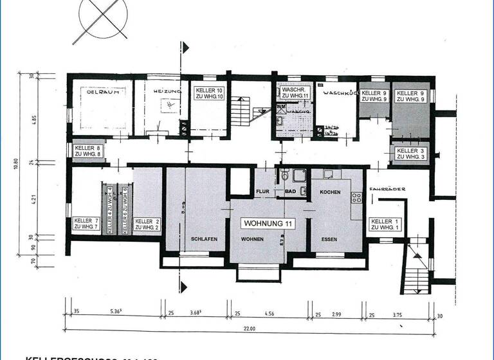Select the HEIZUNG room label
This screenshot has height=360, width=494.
(x=167, y=92)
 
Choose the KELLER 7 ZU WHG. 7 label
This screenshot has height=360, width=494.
(x=86, y=224)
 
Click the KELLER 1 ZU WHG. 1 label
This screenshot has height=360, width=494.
(x=384, y=224)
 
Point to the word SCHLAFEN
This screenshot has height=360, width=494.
(x=203, y=239)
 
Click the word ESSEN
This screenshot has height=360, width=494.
(x=327, y=239)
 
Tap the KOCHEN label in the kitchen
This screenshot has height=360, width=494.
(x=330, y=192)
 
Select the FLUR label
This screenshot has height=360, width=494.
(x=262, y=192)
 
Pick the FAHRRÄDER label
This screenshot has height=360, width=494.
(x=384, y=188)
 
